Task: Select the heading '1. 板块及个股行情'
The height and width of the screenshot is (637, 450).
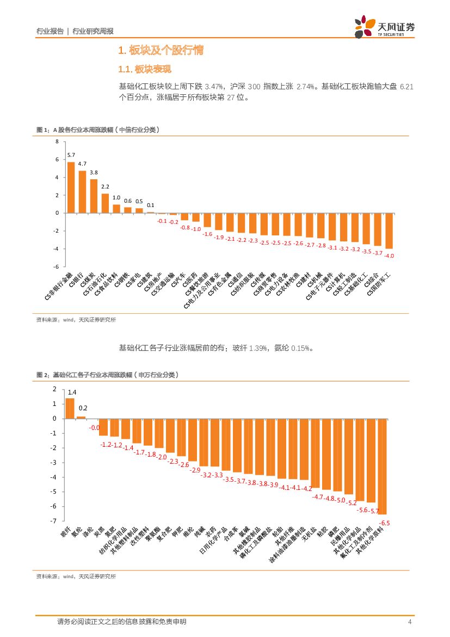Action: point(161,51)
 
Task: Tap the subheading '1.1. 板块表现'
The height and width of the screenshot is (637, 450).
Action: point(145,70)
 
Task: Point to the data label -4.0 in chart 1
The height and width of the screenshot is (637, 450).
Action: point(389,255)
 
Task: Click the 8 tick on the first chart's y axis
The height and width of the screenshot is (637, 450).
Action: point(56,142)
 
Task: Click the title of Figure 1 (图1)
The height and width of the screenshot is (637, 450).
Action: point(98,129)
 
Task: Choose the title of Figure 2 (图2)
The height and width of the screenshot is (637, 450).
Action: point(107,375)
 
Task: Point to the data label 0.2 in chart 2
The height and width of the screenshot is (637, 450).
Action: point(83,408)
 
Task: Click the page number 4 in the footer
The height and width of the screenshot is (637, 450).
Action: point(409,622)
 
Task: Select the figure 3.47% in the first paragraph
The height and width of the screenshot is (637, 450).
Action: point(213,86)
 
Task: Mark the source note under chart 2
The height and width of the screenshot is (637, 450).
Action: point(76,576)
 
